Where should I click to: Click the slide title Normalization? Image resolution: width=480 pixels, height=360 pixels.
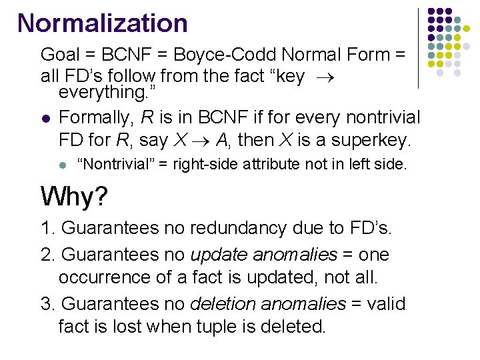(x=103, y=23)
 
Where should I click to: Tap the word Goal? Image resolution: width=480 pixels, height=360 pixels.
(x=59, y=55)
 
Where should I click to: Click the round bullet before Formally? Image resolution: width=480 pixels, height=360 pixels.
(x=45, y=119)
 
